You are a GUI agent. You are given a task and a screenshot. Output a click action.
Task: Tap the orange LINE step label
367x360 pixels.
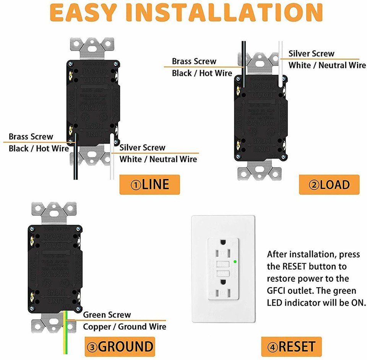[x=149, y=185]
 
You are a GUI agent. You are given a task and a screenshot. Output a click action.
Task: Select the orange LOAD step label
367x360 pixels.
[x=329, y=185]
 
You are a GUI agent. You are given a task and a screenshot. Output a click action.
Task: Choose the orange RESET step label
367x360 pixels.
[x=292, y=347]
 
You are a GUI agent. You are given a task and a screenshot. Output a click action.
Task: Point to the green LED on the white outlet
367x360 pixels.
[x=235, y=262]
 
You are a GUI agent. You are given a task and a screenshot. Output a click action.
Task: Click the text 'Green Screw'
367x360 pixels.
[x=107, y=315]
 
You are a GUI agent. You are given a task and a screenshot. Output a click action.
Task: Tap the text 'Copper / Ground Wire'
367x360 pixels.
[x=125, y=327]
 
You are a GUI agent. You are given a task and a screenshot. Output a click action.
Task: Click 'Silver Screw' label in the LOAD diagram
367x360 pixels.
[x=311, y=54]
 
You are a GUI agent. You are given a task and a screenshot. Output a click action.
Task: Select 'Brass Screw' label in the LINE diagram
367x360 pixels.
[x=31, y=137]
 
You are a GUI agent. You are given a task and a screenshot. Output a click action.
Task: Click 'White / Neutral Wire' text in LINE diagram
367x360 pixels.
[x=158, y=159]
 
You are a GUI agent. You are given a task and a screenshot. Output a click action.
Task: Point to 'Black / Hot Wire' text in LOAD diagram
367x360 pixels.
[x=202, y=73]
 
